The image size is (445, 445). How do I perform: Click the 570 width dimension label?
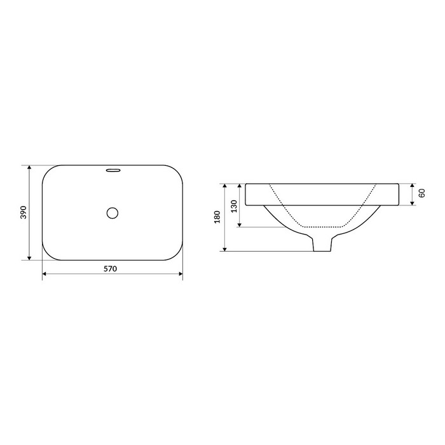[110, 268]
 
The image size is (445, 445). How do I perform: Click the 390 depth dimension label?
[24, 212]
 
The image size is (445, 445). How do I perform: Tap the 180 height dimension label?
[217, 217]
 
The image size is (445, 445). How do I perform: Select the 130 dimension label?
[234, 207]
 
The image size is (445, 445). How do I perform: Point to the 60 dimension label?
[422, 193]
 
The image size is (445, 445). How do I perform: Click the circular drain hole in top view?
[113, 213]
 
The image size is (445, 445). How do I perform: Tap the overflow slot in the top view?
[114, 170]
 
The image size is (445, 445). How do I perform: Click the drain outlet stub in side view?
[322, 244]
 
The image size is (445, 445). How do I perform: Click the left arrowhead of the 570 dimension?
[44, 274]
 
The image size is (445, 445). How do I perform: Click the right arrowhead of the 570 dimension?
[181, 274]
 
